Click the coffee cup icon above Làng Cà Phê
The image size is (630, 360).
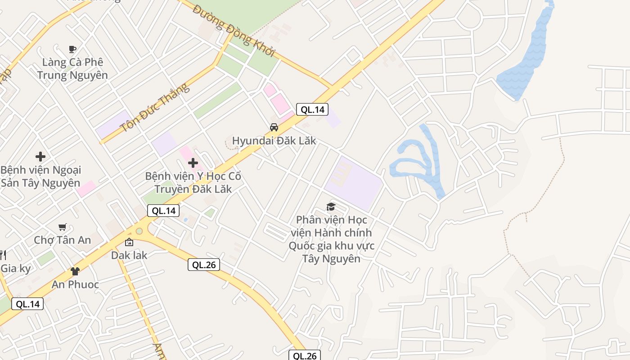click(72, 49)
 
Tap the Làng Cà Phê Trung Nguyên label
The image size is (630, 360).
click(72, 69)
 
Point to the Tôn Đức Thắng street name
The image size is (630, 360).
click(155, 108)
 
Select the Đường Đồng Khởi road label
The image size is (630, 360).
click(234, 31)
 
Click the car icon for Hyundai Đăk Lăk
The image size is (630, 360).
click(274, 127)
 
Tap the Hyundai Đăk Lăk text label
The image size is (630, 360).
click(274, 141)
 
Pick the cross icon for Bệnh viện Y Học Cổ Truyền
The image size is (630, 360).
click(193, 162)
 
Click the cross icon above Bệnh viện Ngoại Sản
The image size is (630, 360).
click(40, 157)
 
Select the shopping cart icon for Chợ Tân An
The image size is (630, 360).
click(63, 227)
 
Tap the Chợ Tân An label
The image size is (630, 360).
click(63, 240)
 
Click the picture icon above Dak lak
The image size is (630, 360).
click(129, 242)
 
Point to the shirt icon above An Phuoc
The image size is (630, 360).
click(75, 271)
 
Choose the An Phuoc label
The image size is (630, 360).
click(75, 284)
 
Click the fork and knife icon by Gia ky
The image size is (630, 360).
click(3, 255)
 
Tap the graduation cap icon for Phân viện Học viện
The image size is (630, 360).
click(331, 207)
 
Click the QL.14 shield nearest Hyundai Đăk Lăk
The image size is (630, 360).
click(312, 109)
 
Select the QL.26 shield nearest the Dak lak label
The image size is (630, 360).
click(204, 265)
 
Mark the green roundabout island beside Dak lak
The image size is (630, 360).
click(139, 231)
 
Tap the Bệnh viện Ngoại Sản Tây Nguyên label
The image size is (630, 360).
click(40, 176)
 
